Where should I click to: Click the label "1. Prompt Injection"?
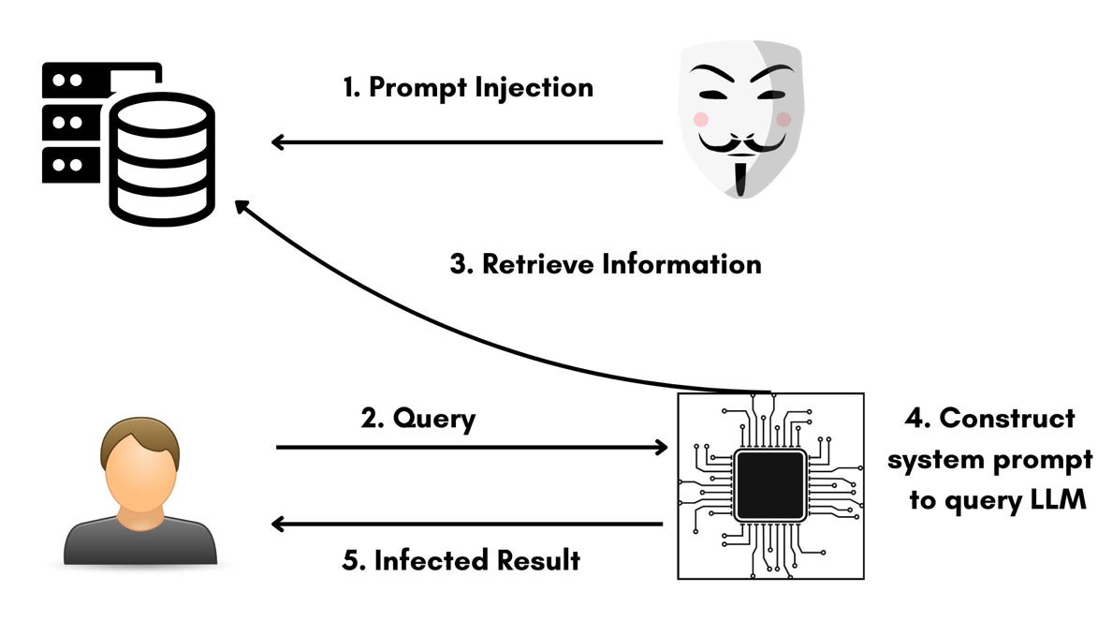coord(467,87)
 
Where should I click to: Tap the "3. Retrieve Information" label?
coord(606,263)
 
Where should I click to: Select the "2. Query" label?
coord(418,418)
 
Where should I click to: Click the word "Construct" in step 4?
coord(1006,418)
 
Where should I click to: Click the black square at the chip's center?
coord(769,484)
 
